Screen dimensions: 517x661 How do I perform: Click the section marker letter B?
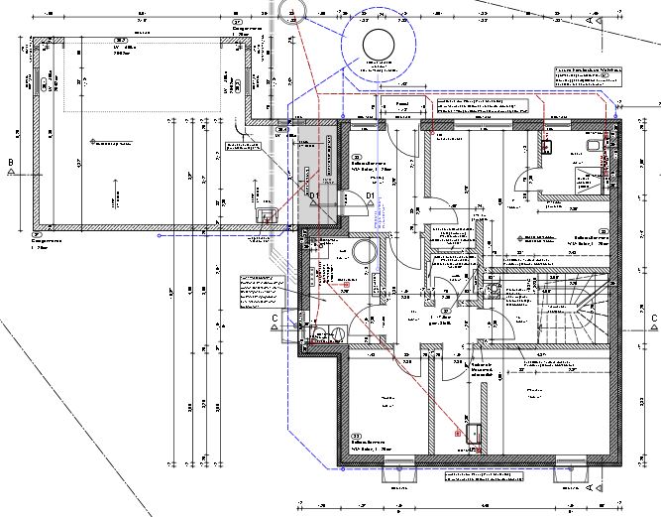point(11,162)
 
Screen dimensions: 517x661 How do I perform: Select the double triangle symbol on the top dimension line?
point(595,19)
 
